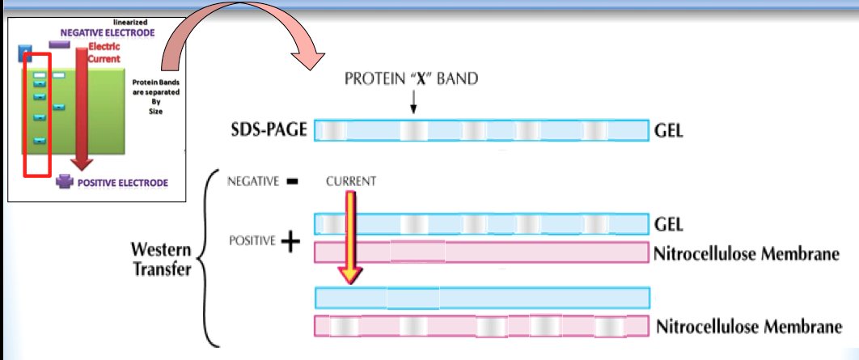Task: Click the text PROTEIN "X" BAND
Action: [x=412, y=79]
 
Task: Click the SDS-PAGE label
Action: [x=269, y=131]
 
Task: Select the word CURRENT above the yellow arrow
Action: [x=351, y=182]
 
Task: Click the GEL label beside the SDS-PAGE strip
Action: [x=668, y=131]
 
